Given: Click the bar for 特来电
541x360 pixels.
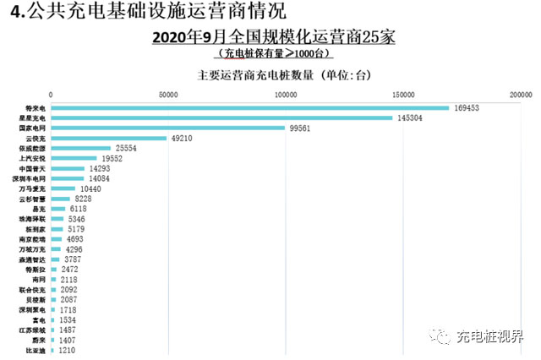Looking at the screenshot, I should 249,107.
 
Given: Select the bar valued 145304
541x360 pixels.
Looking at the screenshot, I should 221,117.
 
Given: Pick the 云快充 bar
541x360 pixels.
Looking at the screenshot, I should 108,138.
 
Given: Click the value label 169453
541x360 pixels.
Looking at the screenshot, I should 467,107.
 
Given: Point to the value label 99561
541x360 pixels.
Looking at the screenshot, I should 302,128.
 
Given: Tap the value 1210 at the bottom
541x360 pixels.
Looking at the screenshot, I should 68,349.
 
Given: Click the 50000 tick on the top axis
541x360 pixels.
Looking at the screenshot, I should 168,94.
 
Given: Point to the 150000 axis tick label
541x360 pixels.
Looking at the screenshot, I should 403,94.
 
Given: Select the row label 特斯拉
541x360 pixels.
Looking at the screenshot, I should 35,269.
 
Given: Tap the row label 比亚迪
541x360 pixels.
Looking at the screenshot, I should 35,349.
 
